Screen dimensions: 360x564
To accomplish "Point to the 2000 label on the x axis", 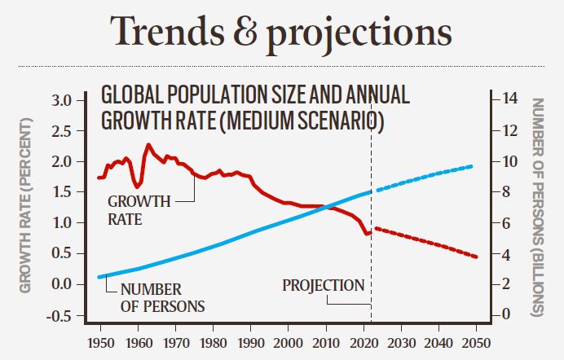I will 287,344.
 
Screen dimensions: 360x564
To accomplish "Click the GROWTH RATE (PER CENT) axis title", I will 25,204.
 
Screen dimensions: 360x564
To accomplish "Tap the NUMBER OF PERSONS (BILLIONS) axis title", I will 538,207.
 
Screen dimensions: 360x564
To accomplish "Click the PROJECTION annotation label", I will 323,286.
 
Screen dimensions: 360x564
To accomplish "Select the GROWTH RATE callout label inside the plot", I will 139,209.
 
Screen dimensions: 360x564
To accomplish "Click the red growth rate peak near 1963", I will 148,145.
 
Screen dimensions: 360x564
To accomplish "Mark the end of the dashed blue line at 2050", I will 472,166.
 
